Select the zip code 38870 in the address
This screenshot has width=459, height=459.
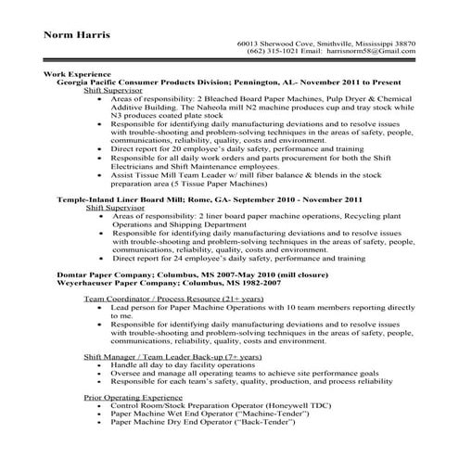(401, 44)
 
